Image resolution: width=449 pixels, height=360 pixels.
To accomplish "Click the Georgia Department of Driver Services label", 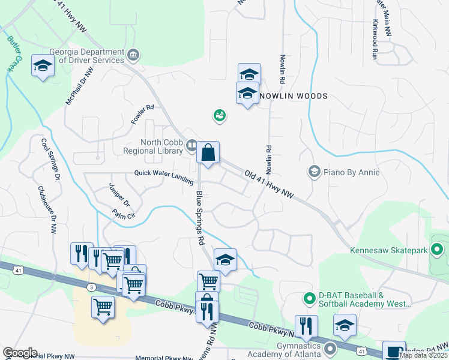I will (x=87, y=55).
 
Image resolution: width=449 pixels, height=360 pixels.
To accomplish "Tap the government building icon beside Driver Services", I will (x=133, y=56).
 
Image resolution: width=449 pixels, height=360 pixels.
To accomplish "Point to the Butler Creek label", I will (x=15, y=54).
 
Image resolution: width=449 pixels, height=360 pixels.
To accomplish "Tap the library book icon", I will (x=191, y=145).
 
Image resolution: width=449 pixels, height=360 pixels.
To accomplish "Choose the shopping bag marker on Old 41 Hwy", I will (x=208, y=153).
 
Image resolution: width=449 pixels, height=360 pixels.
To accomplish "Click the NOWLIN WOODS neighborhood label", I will (x=294, y=96).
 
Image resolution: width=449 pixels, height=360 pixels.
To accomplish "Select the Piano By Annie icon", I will (x=313, y=172).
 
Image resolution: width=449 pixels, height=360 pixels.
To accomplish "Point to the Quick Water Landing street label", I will (x=164, y=175).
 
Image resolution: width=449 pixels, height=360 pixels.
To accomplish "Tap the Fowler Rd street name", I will (x=143, y=115).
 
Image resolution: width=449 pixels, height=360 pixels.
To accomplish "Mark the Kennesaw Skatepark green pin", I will (x=438, y=248).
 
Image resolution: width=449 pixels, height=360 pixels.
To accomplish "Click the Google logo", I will (x=19, y=353).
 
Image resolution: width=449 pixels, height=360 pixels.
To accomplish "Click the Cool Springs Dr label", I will (x=50, y=160).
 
